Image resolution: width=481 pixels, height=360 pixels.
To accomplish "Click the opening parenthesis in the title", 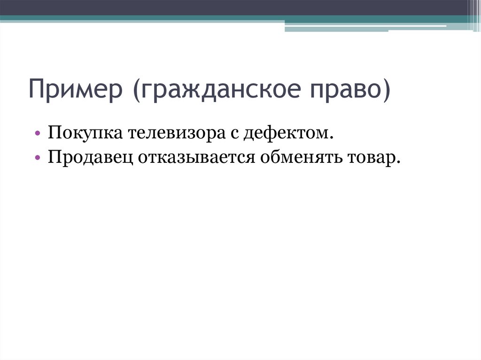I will click(137, 91).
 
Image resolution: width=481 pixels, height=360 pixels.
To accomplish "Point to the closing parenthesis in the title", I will click(387, 91).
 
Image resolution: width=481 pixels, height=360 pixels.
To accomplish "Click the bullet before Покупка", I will click(37, 135).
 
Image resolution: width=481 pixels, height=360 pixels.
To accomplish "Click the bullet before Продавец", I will click(37, 158).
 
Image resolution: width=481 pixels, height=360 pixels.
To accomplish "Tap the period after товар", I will click(399, 161).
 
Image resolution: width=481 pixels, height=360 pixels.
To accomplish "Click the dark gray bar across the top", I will click(235, 7).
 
